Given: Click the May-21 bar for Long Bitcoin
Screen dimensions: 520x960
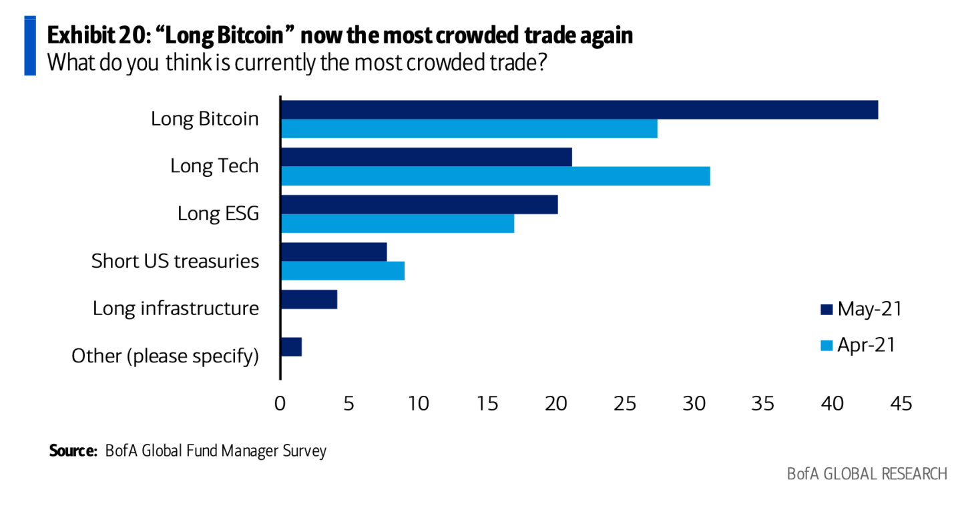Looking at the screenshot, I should (x=579, y=109).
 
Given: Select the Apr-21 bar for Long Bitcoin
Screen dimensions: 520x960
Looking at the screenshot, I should (x=469, y=128).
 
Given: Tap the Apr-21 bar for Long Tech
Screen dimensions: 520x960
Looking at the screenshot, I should (x=495, y=176).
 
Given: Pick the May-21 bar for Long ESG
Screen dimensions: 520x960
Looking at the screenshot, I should (x=419, y=204).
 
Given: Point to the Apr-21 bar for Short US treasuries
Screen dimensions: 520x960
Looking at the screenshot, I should (x=342, y=270).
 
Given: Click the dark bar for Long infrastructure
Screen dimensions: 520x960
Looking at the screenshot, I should (x=308, y=299).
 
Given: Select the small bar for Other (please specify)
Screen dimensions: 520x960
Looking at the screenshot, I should (x=291, y=346).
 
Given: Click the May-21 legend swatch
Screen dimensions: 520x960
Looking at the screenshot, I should (x=826, y=309).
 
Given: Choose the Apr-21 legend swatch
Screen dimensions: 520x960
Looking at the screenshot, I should (x=826, y=345).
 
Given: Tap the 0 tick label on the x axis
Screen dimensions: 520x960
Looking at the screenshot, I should (x=280, y=404).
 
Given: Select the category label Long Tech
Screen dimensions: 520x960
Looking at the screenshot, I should (x=214, y=166).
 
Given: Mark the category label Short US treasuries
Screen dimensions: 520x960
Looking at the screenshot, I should (x=175, y=261).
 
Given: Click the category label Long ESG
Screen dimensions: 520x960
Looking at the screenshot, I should (x=218, y=214).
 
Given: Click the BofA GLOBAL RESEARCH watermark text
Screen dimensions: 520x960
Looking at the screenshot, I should (x=867, y=474).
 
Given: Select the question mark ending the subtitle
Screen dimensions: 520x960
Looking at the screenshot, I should (x=542, y=63).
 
